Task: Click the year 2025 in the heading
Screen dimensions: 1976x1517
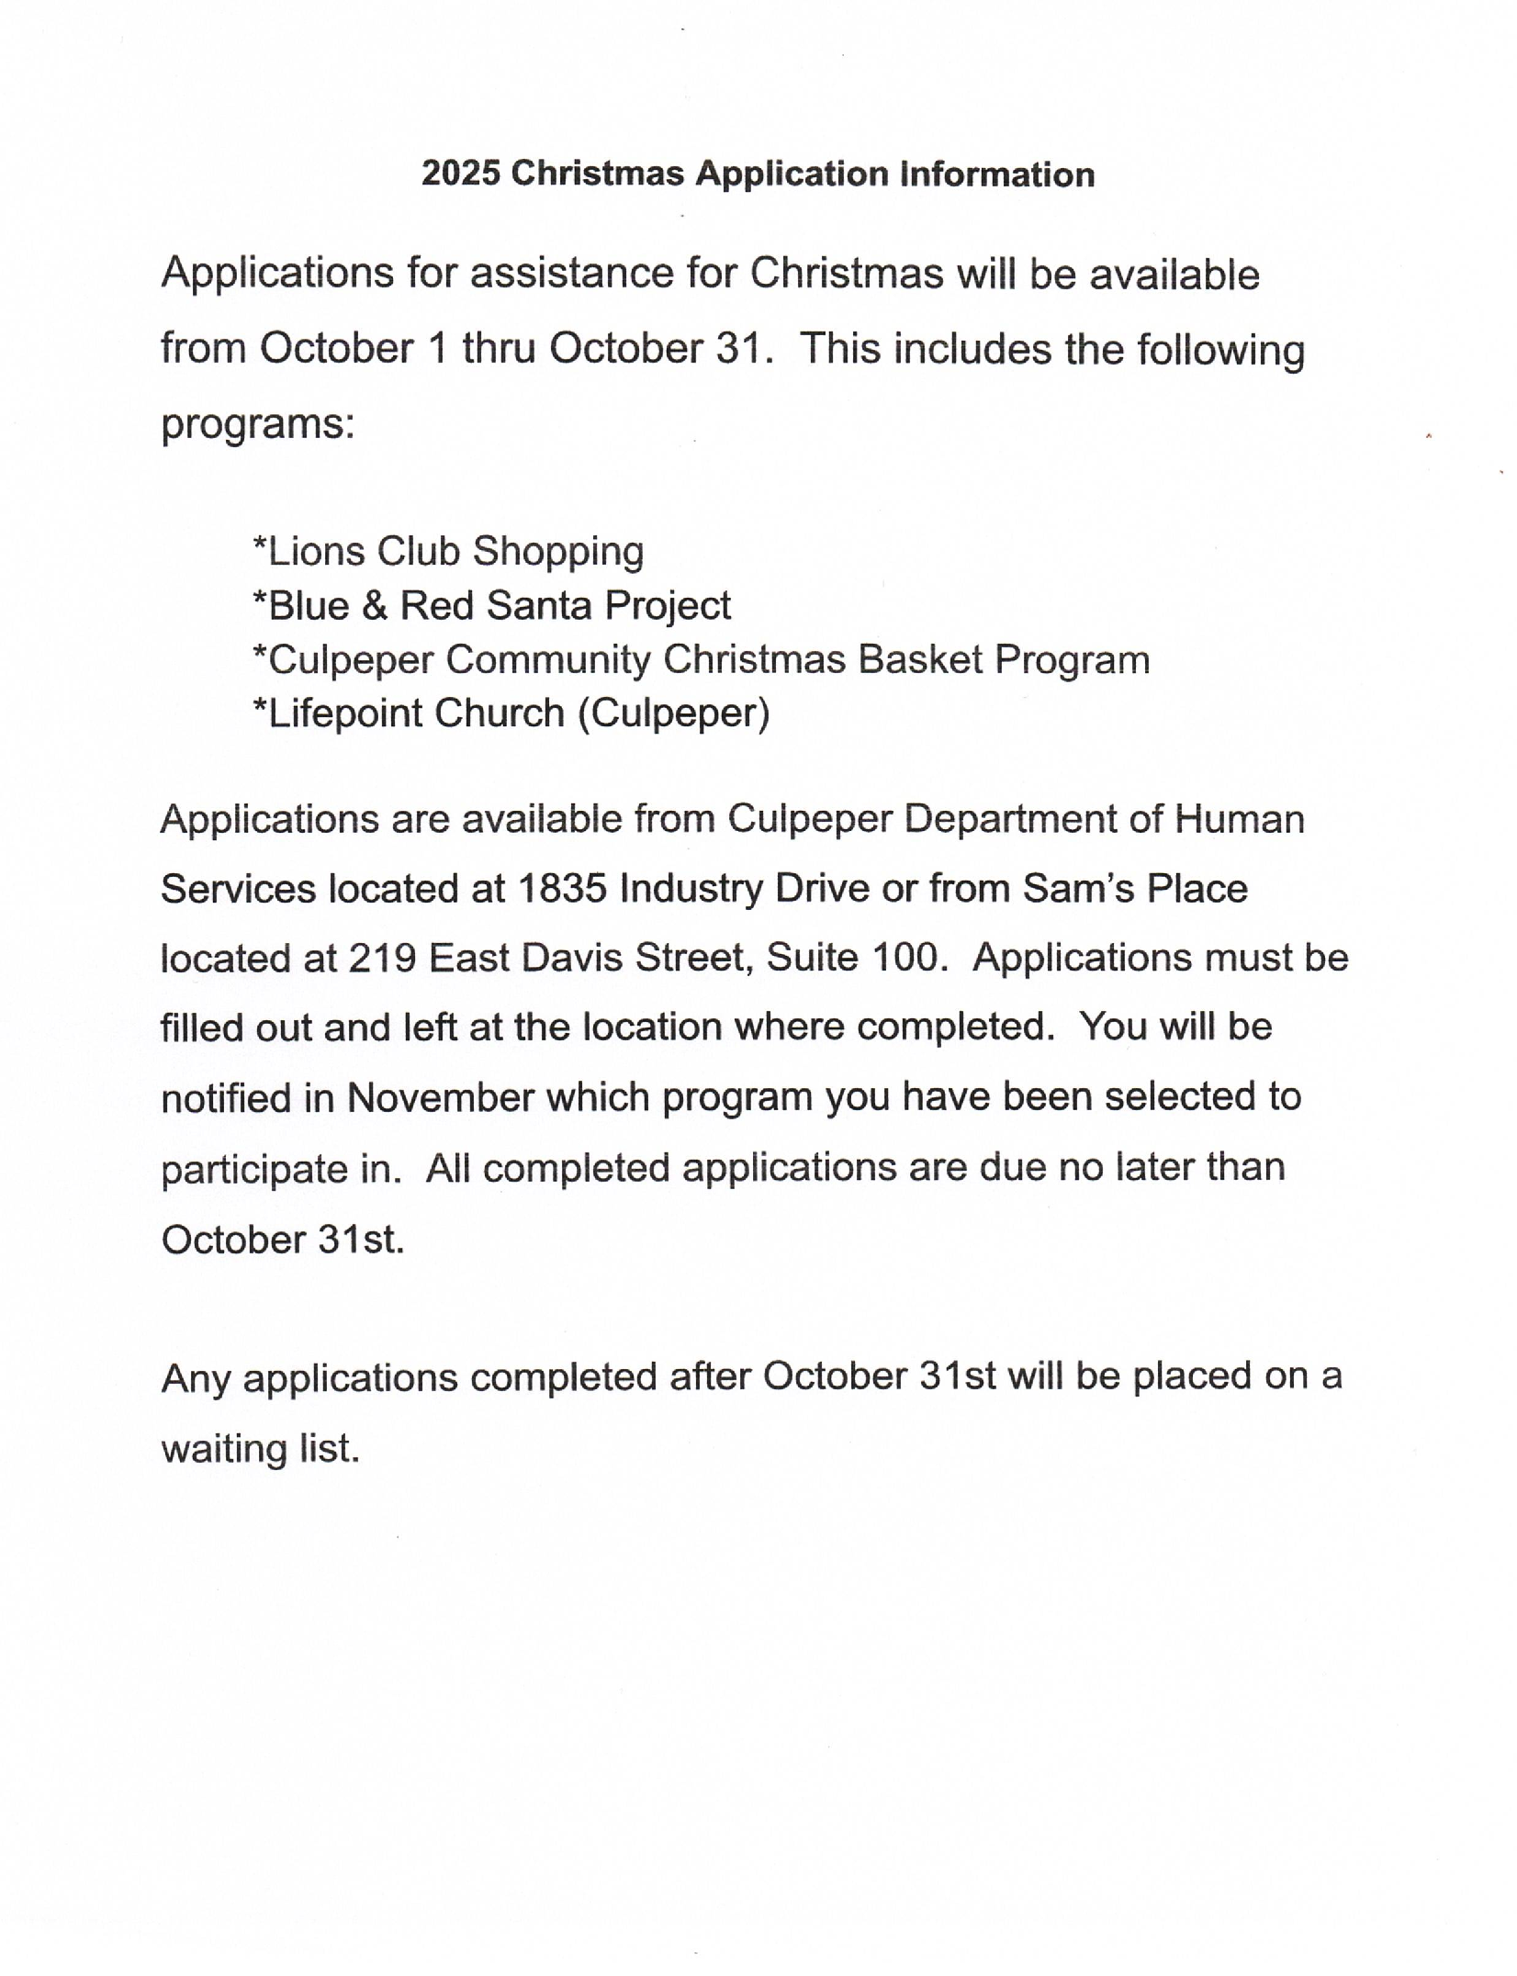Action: click(460, 174)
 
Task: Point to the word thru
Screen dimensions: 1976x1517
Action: click(499, 349)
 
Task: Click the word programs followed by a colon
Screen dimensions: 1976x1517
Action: click(257, 424)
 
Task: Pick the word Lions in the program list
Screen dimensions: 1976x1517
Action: click(315, 551)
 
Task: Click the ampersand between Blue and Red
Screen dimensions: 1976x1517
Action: click(374, 606)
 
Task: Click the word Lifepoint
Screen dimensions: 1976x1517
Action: click(343, 713)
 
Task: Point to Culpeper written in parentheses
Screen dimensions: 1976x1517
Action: click(673, 713)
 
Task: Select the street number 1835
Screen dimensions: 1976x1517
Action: click(561, 888)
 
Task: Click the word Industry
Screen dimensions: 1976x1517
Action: click(691, 889)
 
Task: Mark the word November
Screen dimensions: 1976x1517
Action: click(440, 1097)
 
